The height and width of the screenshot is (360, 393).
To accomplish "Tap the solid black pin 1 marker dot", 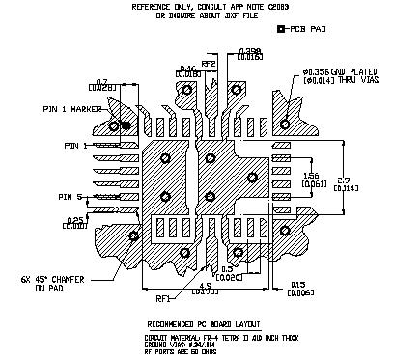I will coord(114,126).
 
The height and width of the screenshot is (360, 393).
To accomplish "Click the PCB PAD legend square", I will coord(280,30).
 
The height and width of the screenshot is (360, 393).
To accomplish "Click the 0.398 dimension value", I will coord(249,51).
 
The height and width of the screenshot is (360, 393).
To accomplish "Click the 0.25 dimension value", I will coord(74,221).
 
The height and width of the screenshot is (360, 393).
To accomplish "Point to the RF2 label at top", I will coord(208,62).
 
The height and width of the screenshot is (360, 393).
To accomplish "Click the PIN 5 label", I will coord(73,197).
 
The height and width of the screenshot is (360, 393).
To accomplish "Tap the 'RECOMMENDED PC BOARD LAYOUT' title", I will coord(206,322).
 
